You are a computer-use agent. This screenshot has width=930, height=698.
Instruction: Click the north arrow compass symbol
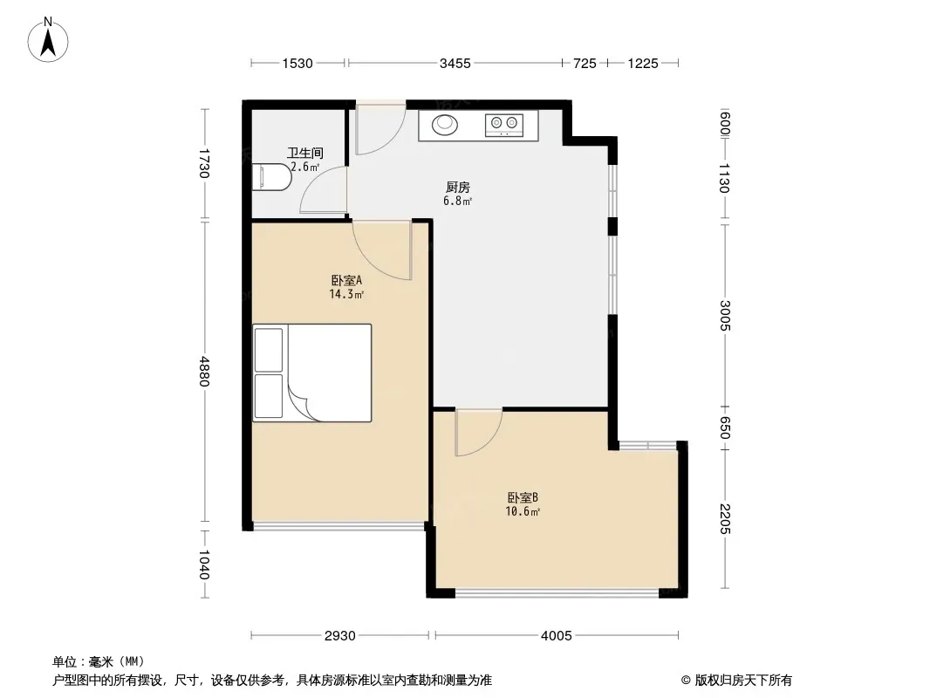pyautogui.click(x=48, y=40)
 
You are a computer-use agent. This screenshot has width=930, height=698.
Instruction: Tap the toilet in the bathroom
pyautogui.click(x=271, y=177)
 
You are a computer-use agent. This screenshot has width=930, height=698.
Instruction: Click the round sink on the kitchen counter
pyautogui.click(x=445, y=125)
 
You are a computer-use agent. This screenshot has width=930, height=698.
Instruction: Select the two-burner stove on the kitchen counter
pyautogui.click(x=504, y=125)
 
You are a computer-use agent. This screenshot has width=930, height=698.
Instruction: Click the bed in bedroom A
pyautogui.click(x=312, y=373)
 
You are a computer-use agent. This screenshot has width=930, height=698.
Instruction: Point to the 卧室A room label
pyautogui.click(x=346, y=280)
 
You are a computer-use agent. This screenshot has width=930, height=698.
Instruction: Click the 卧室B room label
pyautogui.click(x=523, y=497)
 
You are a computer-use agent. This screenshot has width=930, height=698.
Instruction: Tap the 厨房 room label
pyautogui.click(x=458, y=188)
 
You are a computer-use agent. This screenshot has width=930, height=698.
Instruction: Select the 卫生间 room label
pyautogui.click(x=305, y=153)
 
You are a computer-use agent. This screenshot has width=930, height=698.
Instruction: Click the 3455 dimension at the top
pyautogui.click(x=455, y=63)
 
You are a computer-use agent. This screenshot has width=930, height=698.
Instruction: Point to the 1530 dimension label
pyautogui.click(x=297, y=63)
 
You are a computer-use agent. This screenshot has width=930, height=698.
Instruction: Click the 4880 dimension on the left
pyautogui.click(x=204, y=371)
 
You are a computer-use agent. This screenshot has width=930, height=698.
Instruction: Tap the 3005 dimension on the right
pyautogui.click(x=725, y=316)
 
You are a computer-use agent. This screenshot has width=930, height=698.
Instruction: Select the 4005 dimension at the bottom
pyautogui.click(x=557, y=636)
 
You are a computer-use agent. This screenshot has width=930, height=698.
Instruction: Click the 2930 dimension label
pyautogui.click(x=340, y=636)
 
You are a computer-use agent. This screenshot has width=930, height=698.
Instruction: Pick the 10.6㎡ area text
pyautogui.click(x=523, y=511)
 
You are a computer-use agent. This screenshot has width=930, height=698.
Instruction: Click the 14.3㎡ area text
pyautogui.click(x=346, y=294)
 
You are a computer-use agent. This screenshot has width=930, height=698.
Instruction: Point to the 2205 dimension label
pyautogui.click(x=725, y=518)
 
